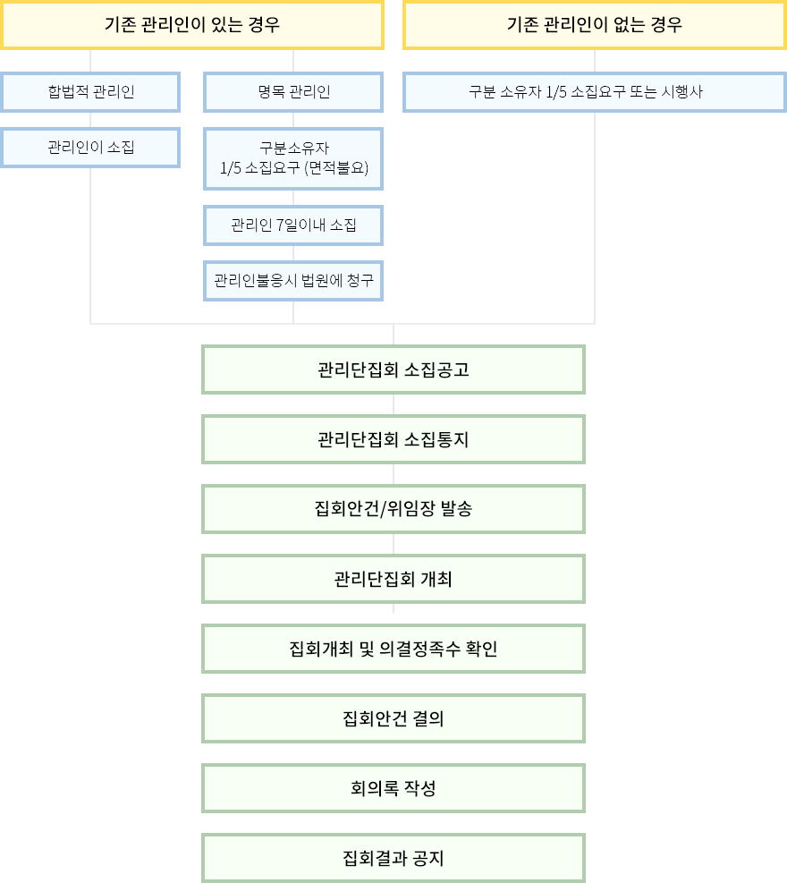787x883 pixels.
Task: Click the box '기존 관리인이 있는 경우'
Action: [x=192, y=24]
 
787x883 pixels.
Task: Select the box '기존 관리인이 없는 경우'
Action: [x=595, y=24]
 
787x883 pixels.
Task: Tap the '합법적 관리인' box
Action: [x=90, y=92]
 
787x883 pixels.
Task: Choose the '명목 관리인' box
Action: [x=293, y=92]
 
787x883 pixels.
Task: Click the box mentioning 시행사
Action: [x=595, y=92]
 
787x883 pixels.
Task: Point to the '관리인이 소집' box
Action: [x=90, y=147]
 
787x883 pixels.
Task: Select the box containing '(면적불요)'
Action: [x=293, y=158]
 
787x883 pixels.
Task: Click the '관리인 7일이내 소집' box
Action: [x=293, y=225]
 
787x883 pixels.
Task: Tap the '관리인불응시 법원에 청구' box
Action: [x=293, y=281]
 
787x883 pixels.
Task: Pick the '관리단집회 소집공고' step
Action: [x=393, y=369]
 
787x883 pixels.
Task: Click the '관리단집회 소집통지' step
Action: [x=393, y=439]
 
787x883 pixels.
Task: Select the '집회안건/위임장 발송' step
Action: [x=393, y=509]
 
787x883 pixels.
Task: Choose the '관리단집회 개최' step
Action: [x=393, y=579]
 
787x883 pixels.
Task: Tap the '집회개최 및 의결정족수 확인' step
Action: [x=393, y=649]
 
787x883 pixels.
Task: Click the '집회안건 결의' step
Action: [x=393, y=718]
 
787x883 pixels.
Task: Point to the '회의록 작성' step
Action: [x=393, y=788]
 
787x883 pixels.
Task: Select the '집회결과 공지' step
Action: [x=393, y=859]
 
